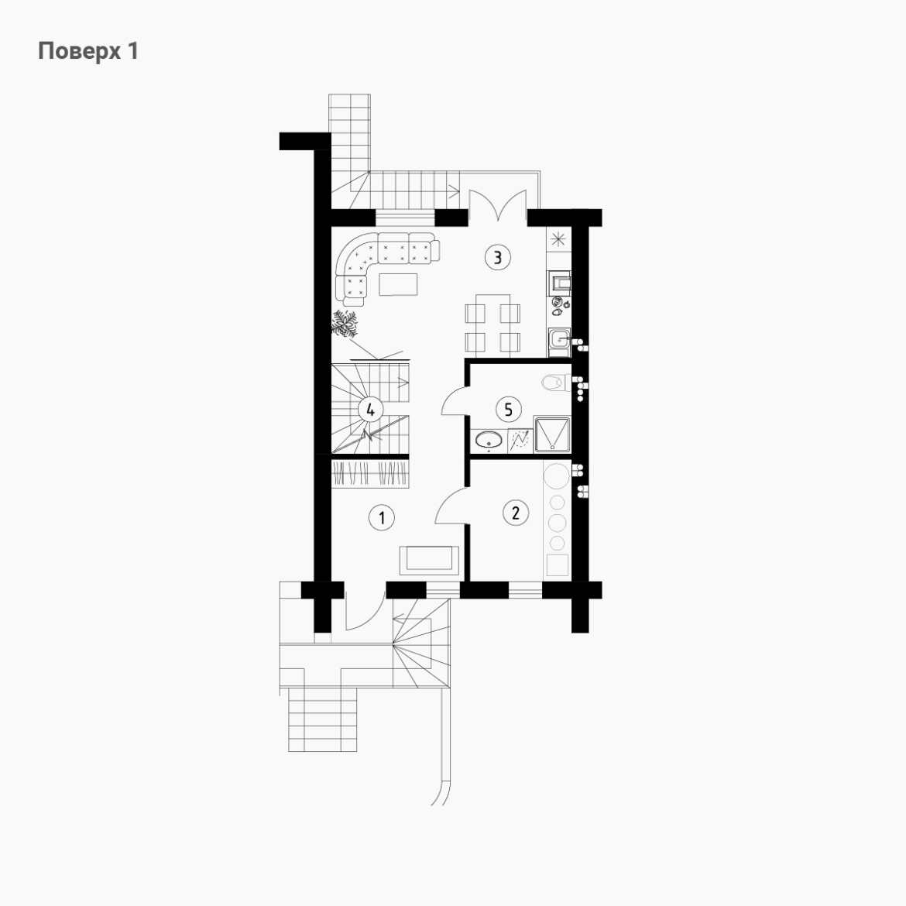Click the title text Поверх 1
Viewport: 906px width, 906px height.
[88, 51]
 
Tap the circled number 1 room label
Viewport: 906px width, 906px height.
[381, 518]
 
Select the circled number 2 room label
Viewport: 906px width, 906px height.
[516, 513]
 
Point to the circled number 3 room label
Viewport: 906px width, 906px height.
[497, 256]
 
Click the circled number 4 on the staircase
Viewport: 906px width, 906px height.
[370, 410]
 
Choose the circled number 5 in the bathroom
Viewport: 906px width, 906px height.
[509, 410]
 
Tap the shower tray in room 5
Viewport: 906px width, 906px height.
[552, 434]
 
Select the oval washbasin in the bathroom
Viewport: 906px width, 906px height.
[490, 441]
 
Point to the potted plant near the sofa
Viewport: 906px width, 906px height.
[345, 324]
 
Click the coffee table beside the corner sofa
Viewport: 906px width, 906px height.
[398, 284]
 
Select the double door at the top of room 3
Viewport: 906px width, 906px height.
[497, 205]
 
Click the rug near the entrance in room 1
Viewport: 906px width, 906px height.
[429, 561]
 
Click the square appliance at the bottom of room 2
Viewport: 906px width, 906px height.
[558, 565]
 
